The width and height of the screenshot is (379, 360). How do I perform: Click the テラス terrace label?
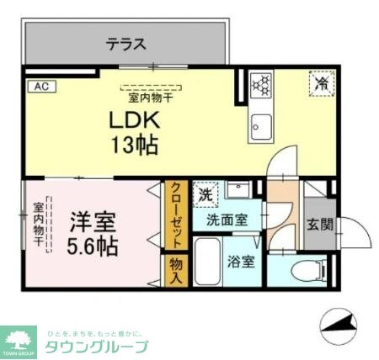126,44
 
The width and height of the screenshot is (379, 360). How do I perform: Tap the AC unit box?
40,86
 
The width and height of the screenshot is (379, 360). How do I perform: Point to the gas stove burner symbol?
261,84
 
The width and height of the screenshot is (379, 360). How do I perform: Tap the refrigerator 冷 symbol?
320,84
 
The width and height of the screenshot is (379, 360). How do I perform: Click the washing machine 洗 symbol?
206,194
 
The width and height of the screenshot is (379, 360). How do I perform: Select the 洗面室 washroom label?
228,220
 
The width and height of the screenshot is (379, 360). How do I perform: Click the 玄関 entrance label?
319,225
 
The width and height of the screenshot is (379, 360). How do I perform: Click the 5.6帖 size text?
92,249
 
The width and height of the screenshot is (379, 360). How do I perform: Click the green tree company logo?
19,339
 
